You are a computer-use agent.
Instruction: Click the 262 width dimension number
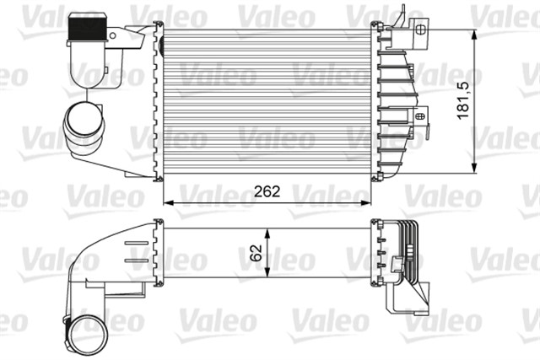(266, 191)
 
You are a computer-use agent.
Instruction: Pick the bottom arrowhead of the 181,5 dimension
(475, 168)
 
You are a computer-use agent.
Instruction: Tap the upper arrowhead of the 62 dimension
(268, 229)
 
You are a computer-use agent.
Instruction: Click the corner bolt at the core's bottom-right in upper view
(376, 175)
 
